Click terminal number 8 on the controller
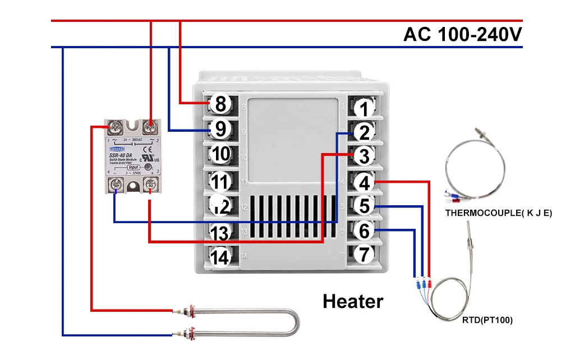coord(220,104)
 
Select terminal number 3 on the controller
coord(365,156)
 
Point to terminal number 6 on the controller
coord(365,230)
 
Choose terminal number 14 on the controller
coord(221,257)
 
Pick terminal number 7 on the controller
coord(365,255)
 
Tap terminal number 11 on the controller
coord(221,182)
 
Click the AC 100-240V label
coord(463,34)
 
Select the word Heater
coord(353,302)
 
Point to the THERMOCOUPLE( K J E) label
coord(499,213)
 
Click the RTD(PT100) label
coord(488,321)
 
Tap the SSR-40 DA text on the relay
coord(121,155)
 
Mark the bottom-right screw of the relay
coord(150,183)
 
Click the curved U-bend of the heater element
coord(295,324)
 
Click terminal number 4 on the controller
coord(365,182)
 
